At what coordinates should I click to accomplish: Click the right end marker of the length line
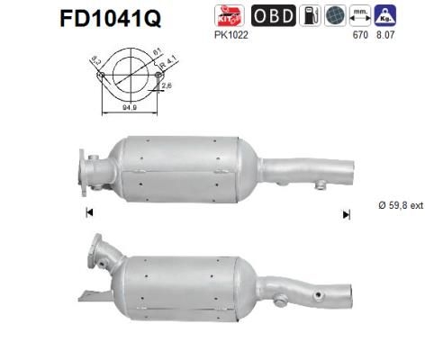point(345,213)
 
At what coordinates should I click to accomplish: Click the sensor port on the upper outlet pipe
point(320,186)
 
